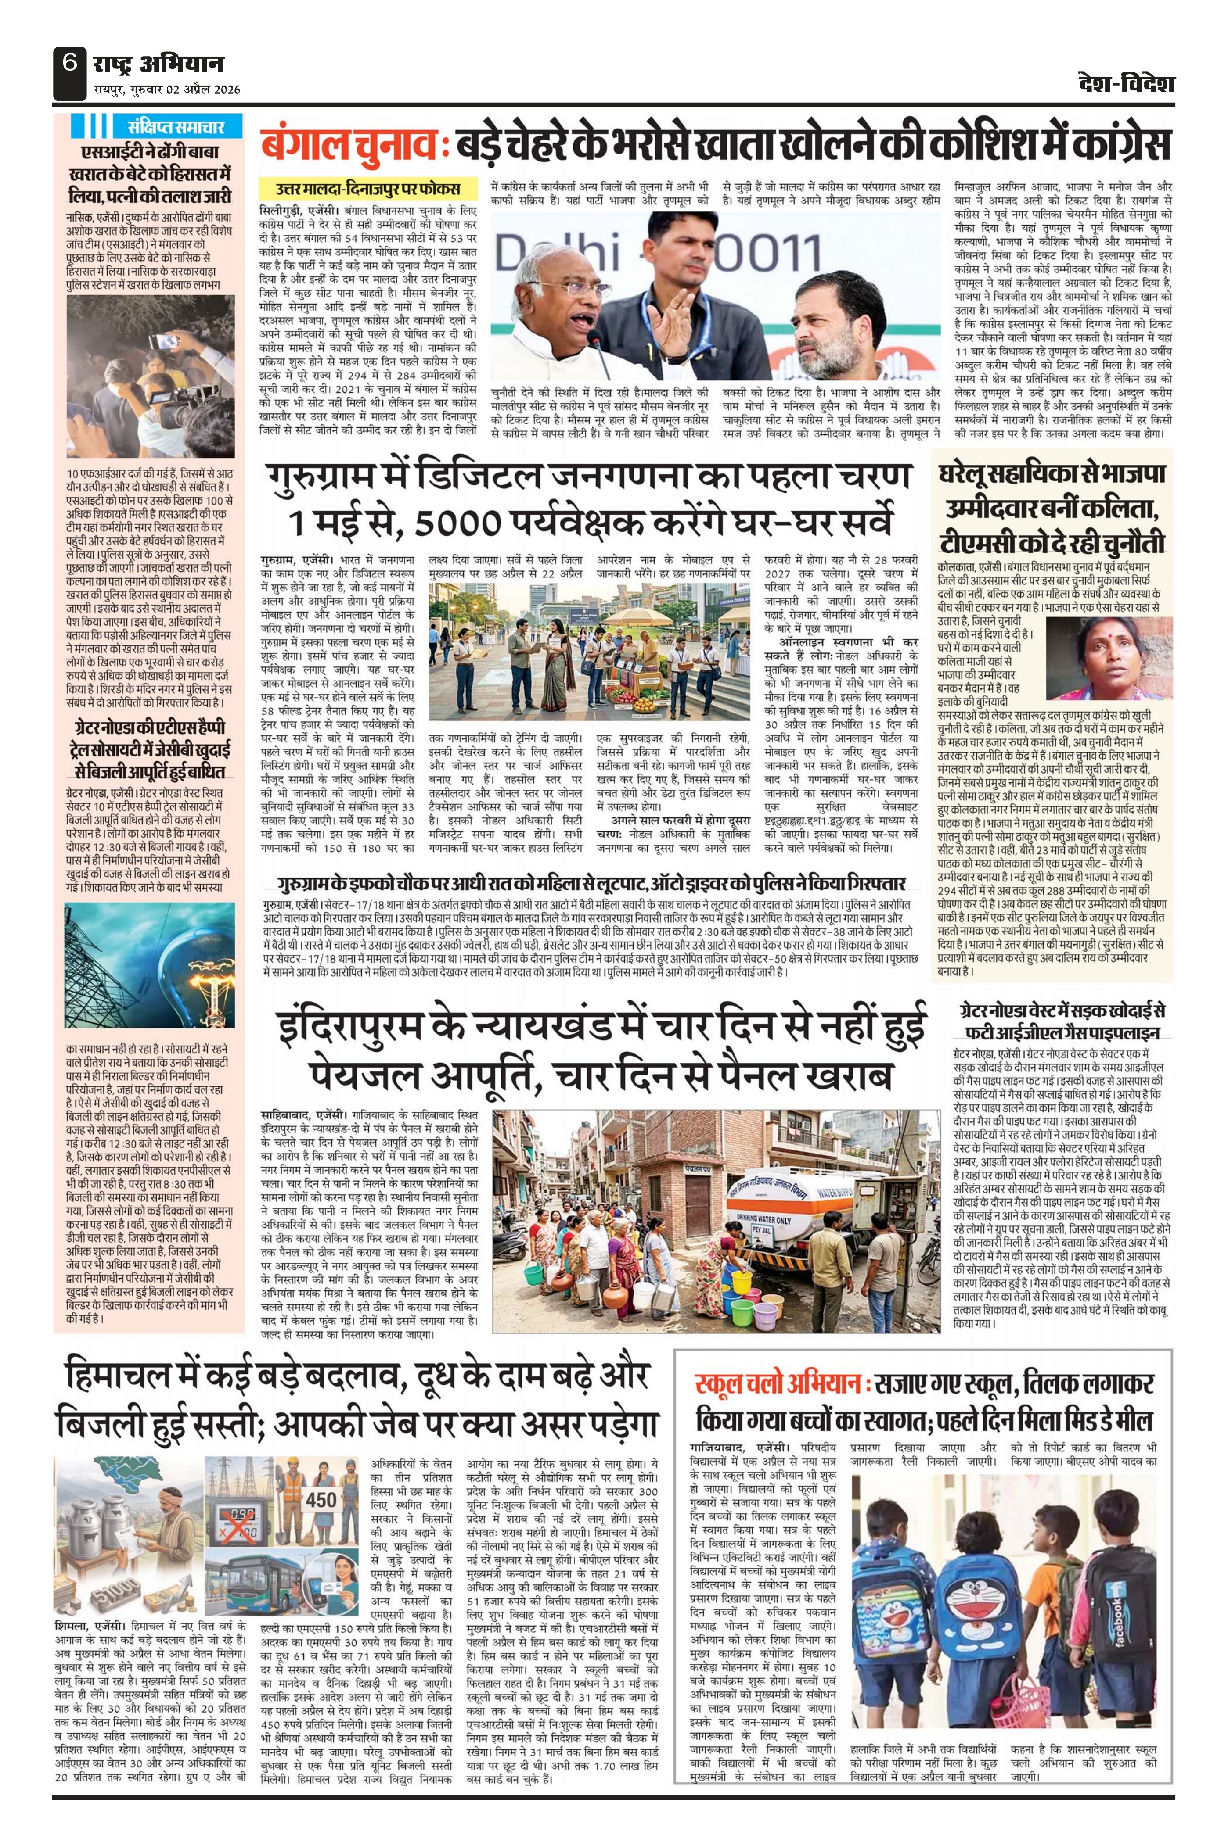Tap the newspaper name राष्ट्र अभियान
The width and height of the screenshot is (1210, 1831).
point(158,63)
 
